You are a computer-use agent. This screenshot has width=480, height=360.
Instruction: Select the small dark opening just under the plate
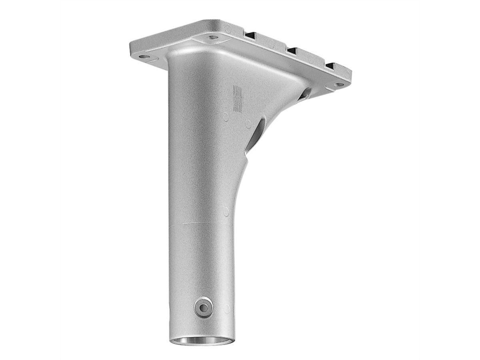point(306,93)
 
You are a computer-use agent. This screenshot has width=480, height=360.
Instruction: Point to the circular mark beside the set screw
point(227,308)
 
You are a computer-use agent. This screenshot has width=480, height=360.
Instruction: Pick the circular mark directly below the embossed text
point(226,118)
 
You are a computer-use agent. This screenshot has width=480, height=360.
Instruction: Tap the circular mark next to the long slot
point(248,122)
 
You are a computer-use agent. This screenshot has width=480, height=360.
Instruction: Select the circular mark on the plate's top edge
point(228,28)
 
